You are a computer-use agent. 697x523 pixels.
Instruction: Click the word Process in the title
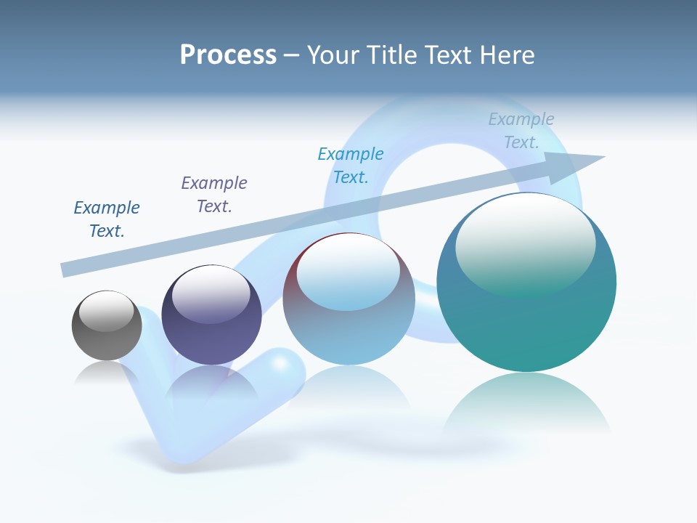228,55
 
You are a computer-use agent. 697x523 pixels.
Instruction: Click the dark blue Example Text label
107,219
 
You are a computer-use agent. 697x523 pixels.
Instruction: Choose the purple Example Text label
214,195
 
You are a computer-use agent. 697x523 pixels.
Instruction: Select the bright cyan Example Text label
351,166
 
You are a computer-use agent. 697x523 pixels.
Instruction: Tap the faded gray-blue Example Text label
521,131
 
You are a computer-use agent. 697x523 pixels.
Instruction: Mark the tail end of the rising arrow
64,270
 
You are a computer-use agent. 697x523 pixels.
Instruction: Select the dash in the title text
291,56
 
